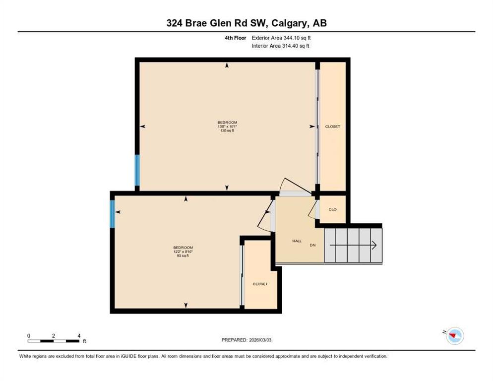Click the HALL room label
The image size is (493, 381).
coord(297,241)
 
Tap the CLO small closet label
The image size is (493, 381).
coord(332,209)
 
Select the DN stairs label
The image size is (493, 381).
coord(312,245)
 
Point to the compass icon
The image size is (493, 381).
coord(455,336)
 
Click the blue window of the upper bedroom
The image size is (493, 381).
coord(137,170)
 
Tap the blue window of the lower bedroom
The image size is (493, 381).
coord(112,214)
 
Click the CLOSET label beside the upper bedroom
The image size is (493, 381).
coord(333,127)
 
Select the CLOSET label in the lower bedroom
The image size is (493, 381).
coord(260,284)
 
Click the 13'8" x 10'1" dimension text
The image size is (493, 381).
coord(227,127)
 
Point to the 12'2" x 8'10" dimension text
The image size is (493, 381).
coord(183,252)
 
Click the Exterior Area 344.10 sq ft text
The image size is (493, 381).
coord(281,38)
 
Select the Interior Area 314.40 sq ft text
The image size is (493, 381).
coord(280,46)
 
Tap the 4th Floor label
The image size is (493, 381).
coord(235,38)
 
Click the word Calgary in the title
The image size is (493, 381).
coord(289,23)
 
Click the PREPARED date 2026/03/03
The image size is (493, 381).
coord(260,340)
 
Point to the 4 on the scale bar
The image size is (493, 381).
coord(79,336)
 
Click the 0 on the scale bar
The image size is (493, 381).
coord(29,336)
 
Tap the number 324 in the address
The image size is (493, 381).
coord(174,23)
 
